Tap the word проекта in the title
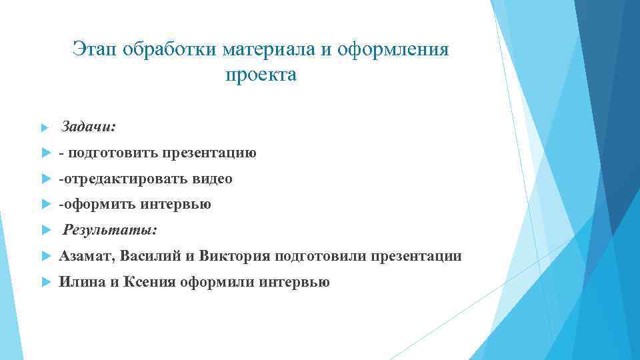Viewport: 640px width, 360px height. (261, 75)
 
